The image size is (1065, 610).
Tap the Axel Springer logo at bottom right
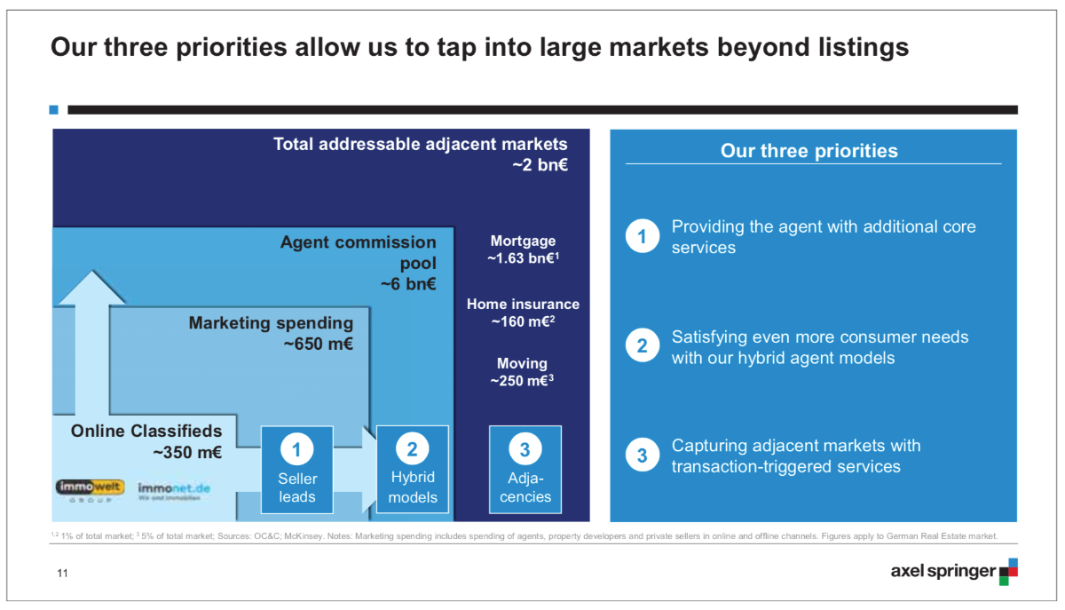(953, 571)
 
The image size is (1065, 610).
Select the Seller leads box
(296, 470)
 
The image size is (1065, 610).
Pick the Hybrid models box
(413, 470)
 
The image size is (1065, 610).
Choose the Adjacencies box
(525, 470)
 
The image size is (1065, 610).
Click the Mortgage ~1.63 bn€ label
(523, 250)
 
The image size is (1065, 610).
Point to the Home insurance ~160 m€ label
(523, 313)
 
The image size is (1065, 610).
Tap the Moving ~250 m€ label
(523, 372)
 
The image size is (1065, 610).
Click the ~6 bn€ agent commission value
(408, 284)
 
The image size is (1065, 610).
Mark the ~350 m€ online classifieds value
(187, 453)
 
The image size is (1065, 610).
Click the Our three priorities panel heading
(809, 151)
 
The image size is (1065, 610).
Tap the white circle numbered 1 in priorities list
(643, 237)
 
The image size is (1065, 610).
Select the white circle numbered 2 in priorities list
(643, 347)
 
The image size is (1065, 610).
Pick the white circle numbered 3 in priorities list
(643, 456)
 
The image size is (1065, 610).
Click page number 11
(62, 573)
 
